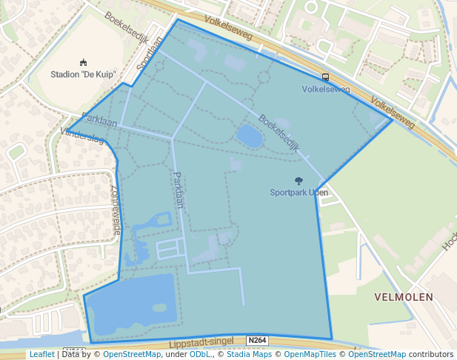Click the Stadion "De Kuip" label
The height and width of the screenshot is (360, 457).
[83, 74]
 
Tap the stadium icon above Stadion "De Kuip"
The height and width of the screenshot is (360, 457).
[83, 63]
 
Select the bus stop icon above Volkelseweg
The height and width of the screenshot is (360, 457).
[326, 77]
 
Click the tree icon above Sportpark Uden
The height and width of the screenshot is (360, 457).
[298, 181]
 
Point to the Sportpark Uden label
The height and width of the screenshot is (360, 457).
[298, 192]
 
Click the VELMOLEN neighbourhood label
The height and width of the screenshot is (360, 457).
[404, 296]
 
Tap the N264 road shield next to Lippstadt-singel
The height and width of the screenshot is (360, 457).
[257, 341]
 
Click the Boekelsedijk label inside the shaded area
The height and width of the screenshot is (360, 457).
[278, 133]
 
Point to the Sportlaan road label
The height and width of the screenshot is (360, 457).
[150, 56]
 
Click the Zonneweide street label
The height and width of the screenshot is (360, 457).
[116, 210]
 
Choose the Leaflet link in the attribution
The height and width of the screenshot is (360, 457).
[41, 354]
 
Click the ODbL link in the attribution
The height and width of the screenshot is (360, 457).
[199, 354]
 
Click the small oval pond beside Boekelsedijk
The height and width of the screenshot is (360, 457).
[249, 136]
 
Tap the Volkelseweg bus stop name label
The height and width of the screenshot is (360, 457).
[326, 89]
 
